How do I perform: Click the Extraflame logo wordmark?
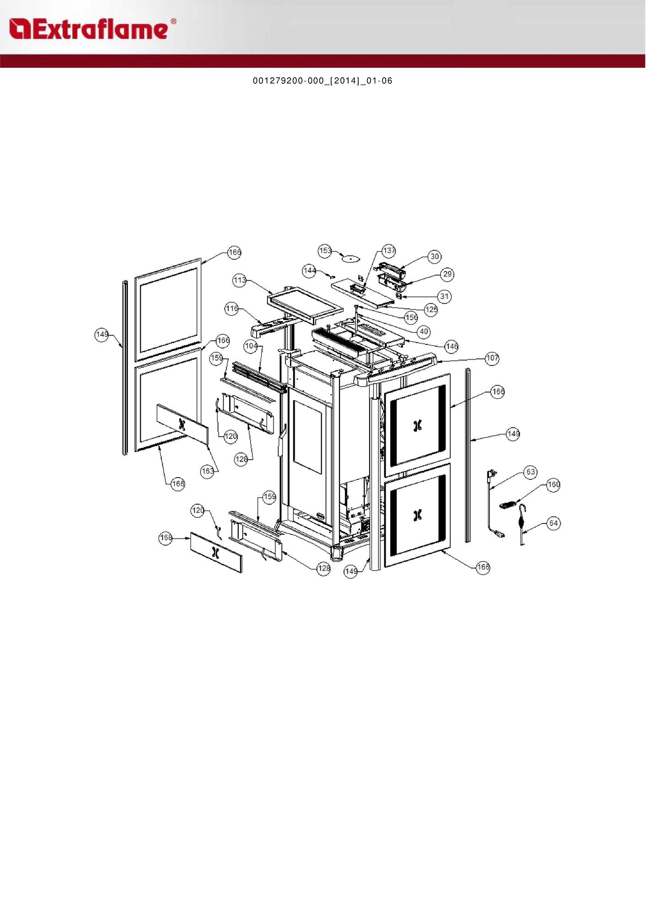click(x=89, y=29)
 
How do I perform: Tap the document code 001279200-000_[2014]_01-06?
click(x=323, y=81)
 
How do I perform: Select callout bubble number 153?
click(x=325, y=251)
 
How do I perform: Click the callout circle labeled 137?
click(x=389, y=251)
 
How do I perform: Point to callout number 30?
click(x=434, y=256)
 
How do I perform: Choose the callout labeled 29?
click(x=447, y=274)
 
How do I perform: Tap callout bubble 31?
click(x=444, y=296)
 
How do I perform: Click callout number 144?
click(x=309, y=271)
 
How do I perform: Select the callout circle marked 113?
click(x=240, y=280)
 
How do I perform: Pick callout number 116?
click(x=232, y=309)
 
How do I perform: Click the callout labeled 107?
click(x=492, y=358)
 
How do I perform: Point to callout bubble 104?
click(x=251, y=346)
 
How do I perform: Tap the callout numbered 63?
click(x=530, y=472)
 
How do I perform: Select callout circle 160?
click(x=553, y=485)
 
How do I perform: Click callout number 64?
click(x=553, y=523)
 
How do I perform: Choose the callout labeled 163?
click(x=208, y=471)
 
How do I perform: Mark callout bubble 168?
click(x=166, y=538)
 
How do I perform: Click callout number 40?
click(x=424, y=331)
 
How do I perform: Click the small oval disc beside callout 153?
click(x=351, y=259)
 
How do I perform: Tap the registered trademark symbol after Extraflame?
click(x=173, y=21)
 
